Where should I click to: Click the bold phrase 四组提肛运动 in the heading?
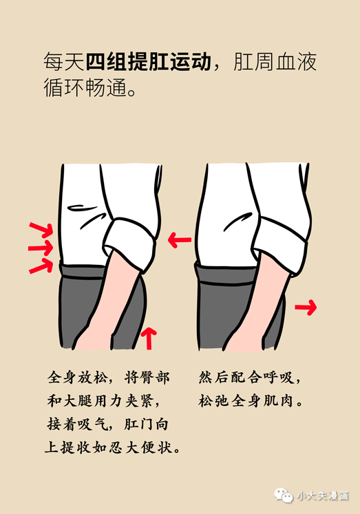point(148,61)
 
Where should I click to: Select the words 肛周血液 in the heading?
point(275,61)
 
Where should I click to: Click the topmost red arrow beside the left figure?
point(41,229)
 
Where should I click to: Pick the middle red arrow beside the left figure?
point(41,248)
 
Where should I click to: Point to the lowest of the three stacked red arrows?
point(41,266)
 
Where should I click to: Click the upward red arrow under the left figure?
point(149,338)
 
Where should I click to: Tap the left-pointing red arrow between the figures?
point(180,239)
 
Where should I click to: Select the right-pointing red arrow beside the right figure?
point(306,307)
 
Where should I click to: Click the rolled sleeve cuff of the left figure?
point(129,244)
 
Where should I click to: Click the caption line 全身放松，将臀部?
point(109,378)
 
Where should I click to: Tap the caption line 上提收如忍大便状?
point(112,447)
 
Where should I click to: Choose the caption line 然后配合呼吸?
point(249,378)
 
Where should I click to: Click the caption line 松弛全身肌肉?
point(250,400)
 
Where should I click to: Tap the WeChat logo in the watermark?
point(284,495)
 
